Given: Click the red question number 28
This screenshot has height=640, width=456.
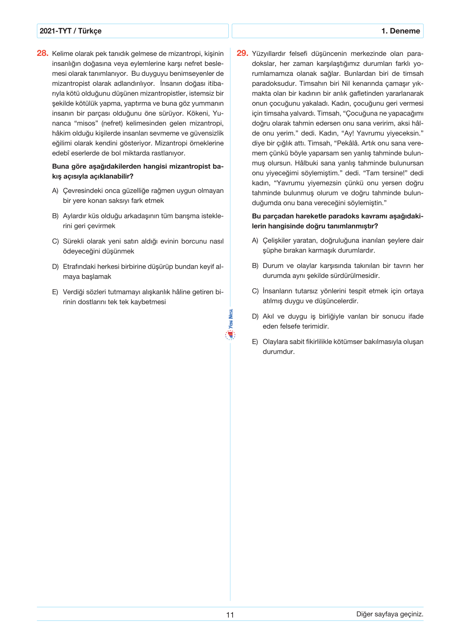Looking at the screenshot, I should [42, 53].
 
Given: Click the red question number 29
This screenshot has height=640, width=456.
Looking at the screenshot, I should [242, 53].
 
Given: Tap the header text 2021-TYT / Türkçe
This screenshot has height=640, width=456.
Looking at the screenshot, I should [71, 31].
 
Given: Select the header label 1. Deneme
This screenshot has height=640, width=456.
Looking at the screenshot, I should [400, 31].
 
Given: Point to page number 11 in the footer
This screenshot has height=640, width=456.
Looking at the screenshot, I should [230, 615].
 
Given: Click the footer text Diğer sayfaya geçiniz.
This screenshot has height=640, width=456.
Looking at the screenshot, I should [390, 614].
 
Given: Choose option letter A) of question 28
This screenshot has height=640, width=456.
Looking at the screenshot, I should [55, 191].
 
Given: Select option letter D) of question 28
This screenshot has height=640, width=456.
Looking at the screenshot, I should [55, 266].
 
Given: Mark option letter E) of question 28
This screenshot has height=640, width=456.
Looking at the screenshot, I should [55, 292].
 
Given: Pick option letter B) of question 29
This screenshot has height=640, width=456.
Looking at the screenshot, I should [255, 266].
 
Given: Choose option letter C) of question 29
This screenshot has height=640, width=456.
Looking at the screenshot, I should [255, 291].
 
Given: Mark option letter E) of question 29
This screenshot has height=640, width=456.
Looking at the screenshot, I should [255, 342].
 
